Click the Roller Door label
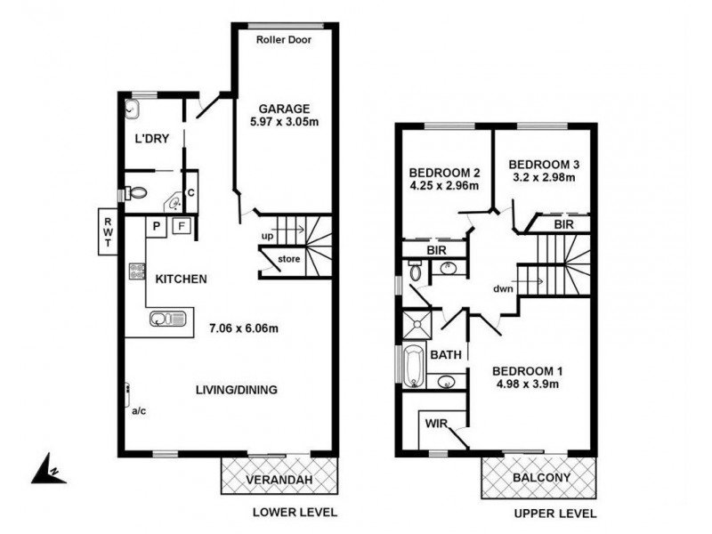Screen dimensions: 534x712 pos(283,40)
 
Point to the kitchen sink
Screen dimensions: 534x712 pos(167,318)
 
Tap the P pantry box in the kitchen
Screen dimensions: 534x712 pos(155,226)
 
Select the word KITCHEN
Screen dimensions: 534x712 pos(181,279)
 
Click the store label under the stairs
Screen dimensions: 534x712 pos(288,260)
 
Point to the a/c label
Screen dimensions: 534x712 pos(138,412)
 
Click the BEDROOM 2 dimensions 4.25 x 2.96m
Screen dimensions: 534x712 pos(444,186)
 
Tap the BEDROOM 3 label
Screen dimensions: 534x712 pos(544,164)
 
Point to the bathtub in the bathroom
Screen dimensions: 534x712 pos(413,367)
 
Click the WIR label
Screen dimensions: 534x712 pos(436,423)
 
